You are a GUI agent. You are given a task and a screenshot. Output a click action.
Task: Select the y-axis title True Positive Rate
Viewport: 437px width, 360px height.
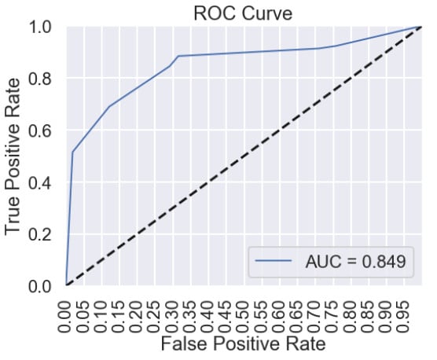(13, 156)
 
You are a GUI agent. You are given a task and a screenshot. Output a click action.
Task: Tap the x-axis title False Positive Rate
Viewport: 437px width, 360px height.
(243, 343)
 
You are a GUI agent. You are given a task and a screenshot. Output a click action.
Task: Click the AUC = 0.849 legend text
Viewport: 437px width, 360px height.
(355, 262)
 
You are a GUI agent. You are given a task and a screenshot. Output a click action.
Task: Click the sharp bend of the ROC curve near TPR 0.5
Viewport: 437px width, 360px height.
(72, 152)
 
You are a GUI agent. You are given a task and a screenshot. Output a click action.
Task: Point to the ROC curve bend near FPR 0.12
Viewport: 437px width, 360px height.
(108, 106)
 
